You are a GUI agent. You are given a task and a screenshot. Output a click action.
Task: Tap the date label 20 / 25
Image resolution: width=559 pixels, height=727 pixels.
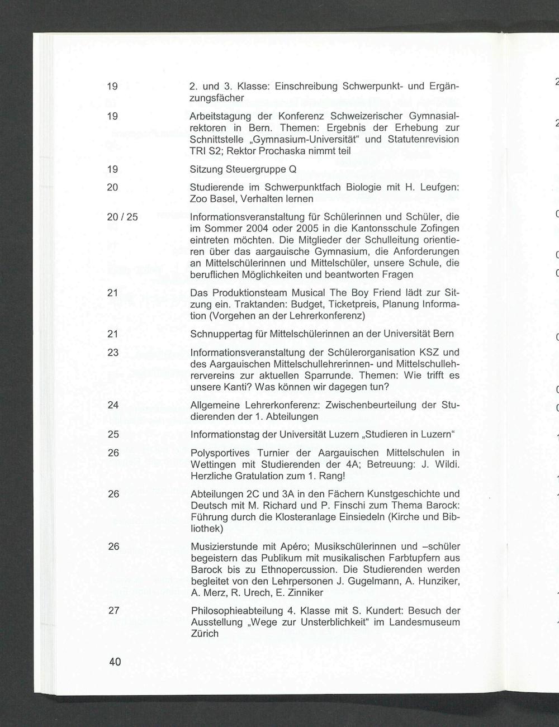click(122, 217)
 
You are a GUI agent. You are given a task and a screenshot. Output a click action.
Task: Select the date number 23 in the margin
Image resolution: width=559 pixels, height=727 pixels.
click(113, 353)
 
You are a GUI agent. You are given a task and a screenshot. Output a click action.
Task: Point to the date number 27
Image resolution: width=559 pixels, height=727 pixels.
click(113, 611)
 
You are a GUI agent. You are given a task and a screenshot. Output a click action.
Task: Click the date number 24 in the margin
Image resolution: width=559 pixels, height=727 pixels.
click(113, 405)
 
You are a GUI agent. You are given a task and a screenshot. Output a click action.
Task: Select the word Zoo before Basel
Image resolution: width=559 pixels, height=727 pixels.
click(198, 199)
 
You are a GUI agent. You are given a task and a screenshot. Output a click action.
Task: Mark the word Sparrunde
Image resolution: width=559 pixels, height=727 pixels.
click(333, 376)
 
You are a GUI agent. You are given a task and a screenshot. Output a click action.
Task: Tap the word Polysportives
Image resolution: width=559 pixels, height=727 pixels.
click(220, 453)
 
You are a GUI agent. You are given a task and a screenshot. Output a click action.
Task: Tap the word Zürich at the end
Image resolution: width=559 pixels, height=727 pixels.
click(205, 634)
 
